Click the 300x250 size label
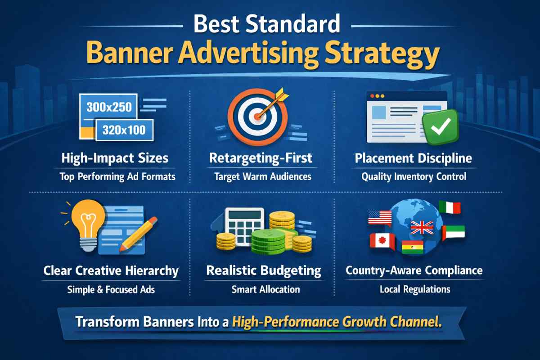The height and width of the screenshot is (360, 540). [x=109, y=107]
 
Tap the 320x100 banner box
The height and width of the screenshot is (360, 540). [x=124, y=130]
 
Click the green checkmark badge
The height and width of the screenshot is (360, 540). [x=441, y=126]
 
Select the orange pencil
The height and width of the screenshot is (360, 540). [x=139, y=234]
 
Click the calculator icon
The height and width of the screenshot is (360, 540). [x=243, y=225]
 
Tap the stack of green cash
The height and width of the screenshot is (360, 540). [x=269, y=241]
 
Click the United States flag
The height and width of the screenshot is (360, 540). [x=380, y=218]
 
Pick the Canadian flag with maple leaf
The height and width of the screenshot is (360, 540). [x=382, y=241]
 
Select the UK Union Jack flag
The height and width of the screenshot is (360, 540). [x=422, y=227]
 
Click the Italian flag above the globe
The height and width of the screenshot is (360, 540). [x=450, y=207]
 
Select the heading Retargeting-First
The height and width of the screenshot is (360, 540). [x=261, y=158]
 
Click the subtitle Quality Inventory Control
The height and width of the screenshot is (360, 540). [x=414, y=176]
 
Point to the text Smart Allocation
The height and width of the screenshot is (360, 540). [x=265, y=289]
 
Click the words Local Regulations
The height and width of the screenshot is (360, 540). [x=415, y=289]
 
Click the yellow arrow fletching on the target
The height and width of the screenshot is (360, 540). [x=282, y=95]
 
